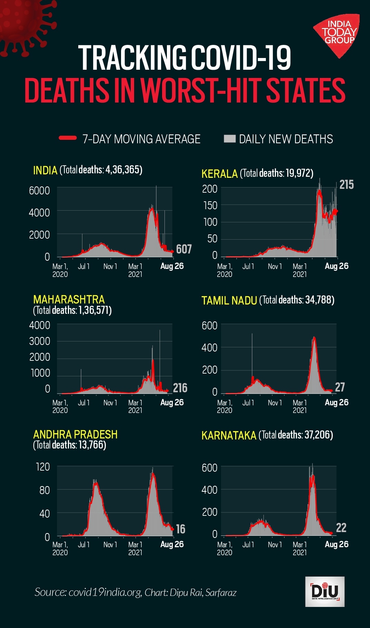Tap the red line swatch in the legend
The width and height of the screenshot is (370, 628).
tap(68, 138)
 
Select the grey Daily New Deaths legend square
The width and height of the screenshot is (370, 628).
tap(229, 138)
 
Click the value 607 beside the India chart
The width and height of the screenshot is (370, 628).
tap(183, 249)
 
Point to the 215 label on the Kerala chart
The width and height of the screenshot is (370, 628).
tap(346, 185)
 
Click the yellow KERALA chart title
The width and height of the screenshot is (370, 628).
tap(219, 174)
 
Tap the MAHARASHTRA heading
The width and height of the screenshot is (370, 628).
tap(69, 299)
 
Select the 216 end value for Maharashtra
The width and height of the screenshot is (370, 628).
tap(180, 388)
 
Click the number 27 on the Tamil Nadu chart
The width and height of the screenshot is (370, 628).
tap(340, 387)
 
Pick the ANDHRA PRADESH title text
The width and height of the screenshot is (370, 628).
tap(75, 434)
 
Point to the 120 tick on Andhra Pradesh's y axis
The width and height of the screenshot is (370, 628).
tap(43, 467)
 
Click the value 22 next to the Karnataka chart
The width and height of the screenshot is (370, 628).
tap(341, 528)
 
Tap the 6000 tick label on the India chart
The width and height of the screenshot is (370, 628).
tap(39, 191)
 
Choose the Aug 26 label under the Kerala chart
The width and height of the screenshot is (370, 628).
tap(336, 266)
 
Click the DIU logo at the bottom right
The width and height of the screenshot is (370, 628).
tap(324, 591)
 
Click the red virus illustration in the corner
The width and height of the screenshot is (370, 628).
tap(24, 24)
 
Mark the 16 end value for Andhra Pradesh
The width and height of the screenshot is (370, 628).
tap(180, 529)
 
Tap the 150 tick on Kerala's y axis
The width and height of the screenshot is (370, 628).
tap(210, 205)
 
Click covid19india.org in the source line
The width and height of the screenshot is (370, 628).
tap(105, 592)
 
